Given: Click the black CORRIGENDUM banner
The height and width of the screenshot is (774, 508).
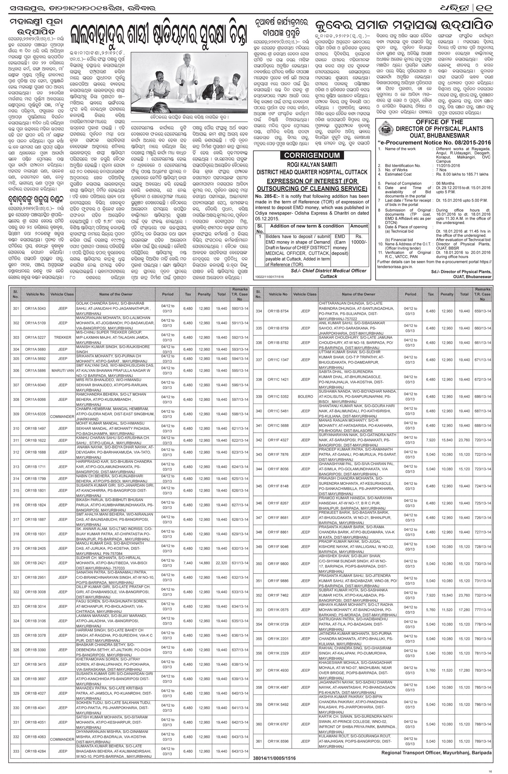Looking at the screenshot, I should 311,156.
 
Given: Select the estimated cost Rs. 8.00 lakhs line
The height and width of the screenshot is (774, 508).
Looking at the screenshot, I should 462,174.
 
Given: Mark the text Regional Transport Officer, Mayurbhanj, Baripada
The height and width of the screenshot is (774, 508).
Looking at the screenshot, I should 437,750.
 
